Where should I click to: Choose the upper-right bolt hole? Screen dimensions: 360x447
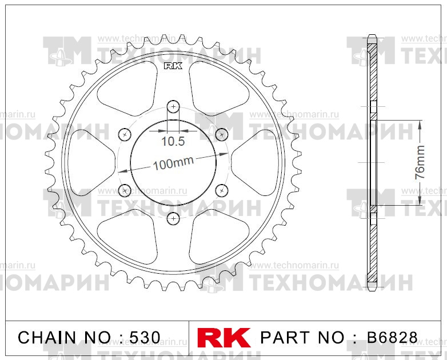click(222, 134)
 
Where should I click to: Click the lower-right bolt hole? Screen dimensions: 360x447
click(222, 190)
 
